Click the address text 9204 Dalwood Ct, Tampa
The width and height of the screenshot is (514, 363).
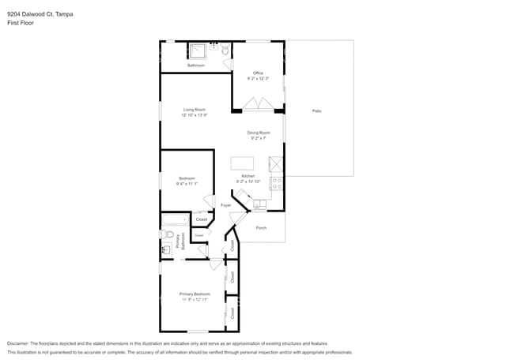40,13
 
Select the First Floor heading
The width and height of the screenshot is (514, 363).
21,23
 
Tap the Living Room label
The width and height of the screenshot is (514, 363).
195,110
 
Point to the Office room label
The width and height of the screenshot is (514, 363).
258,73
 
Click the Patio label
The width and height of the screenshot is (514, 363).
316,110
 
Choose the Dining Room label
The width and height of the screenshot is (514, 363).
259,133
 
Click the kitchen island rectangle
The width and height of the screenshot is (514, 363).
242,163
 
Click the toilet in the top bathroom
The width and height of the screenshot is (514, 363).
225,51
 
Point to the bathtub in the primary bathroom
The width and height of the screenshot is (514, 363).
175,219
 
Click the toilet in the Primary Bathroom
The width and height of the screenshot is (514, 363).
168,234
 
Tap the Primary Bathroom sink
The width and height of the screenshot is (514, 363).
166,249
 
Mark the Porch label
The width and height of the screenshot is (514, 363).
261,228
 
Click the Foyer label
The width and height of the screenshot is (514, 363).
225,205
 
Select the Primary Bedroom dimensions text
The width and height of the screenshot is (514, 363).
195,300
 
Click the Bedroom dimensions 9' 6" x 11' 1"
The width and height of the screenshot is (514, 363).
187,184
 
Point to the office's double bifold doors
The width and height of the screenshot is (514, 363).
258,104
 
